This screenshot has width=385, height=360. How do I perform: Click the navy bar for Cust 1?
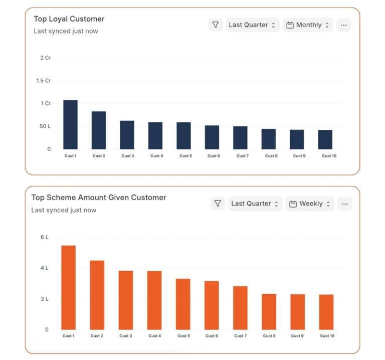70,125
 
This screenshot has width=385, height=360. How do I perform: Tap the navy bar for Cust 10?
325,139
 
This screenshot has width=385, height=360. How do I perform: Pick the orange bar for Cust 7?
240,308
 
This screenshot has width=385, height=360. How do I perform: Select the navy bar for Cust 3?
127,135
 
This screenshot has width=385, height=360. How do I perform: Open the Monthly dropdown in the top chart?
308,25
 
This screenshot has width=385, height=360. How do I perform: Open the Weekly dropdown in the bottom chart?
310,204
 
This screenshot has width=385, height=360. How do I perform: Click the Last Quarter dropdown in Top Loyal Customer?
252,25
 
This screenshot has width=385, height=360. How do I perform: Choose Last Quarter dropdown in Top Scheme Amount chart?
255,204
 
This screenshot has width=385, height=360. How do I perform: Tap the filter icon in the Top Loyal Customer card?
216,25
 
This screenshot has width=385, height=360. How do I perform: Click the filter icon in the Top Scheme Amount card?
218,204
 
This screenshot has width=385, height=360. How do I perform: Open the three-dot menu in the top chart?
343,25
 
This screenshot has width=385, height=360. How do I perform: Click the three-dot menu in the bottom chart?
344,204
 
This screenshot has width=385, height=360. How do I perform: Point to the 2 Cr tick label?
46,58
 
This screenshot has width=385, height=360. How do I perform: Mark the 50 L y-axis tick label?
45,126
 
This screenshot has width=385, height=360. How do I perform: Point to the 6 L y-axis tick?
44,237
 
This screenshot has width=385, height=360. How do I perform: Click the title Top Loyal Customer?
69,19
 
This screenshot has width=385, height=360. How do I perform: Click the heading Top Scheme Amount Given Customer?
99,198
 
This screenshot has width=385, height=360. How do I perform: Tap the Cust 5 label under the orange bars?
183,336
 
